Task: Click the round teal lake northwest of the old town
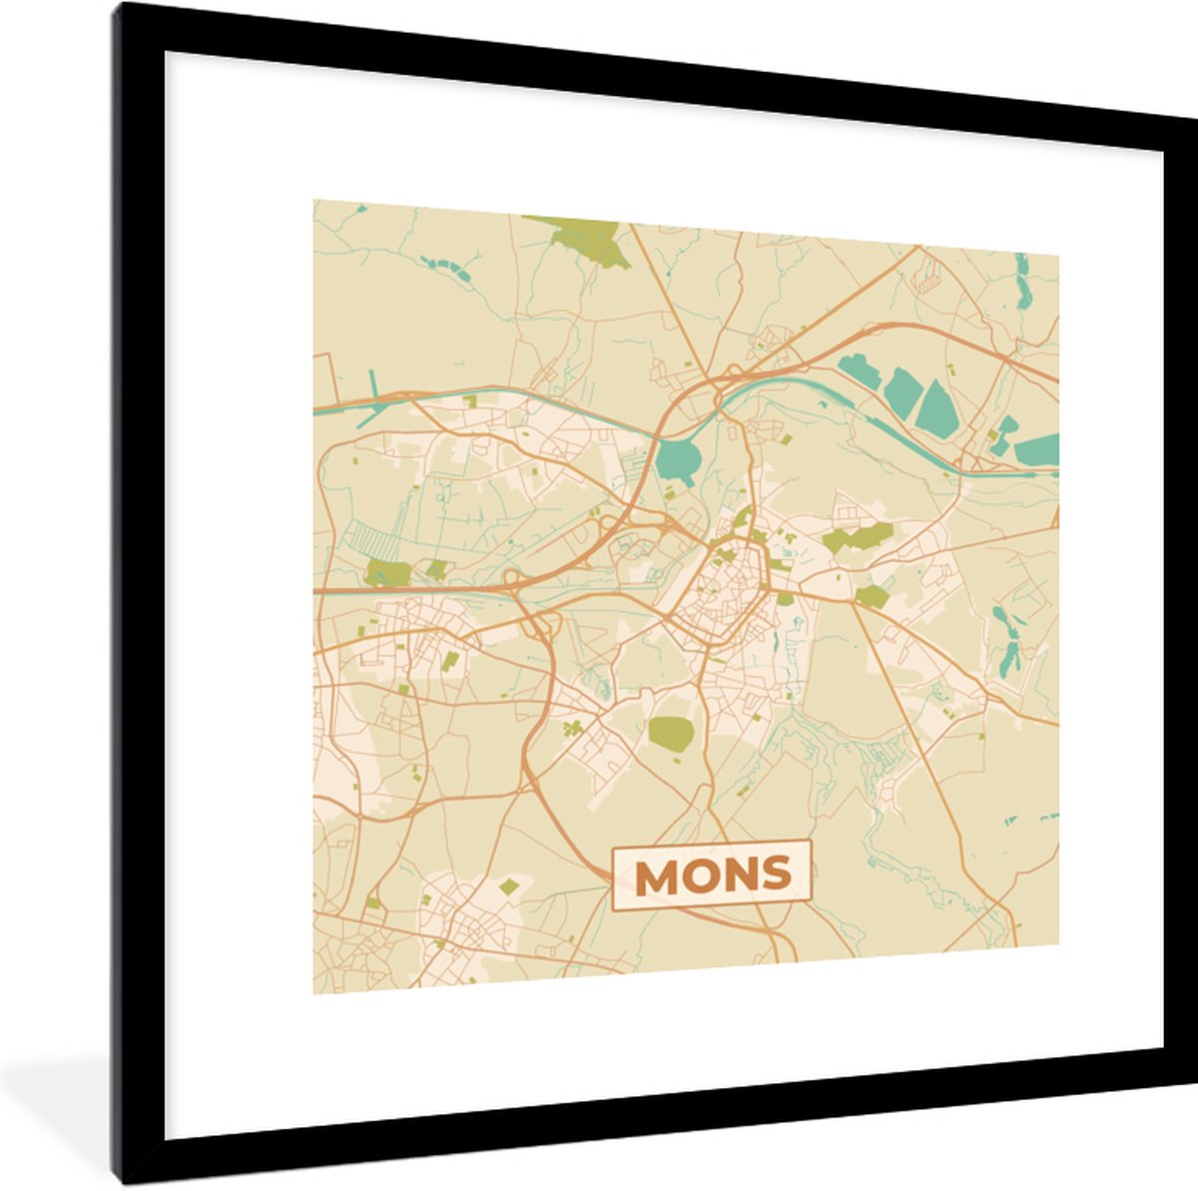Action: pos(678,460)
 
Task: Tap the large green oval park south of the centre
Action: pos(671,732)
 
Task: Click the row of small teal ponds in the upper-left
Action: pos(446,267)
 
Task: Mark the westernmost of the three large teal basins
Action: pos(860,373)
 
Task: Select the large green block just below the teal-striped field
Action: pos(387,573)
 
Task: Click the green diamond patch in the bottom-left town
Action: pos(509,886)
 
